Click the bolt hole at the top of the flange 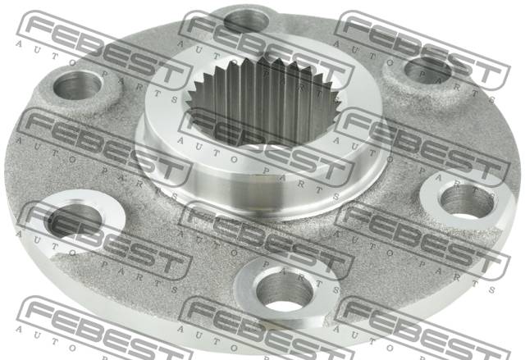click(x=247, y=21)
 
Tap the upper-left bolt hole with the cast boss click(x=77, y=86)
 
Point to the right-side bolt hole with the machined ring click(x=468, y=200)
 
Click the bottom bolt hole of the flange click(x=285, y=290)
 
